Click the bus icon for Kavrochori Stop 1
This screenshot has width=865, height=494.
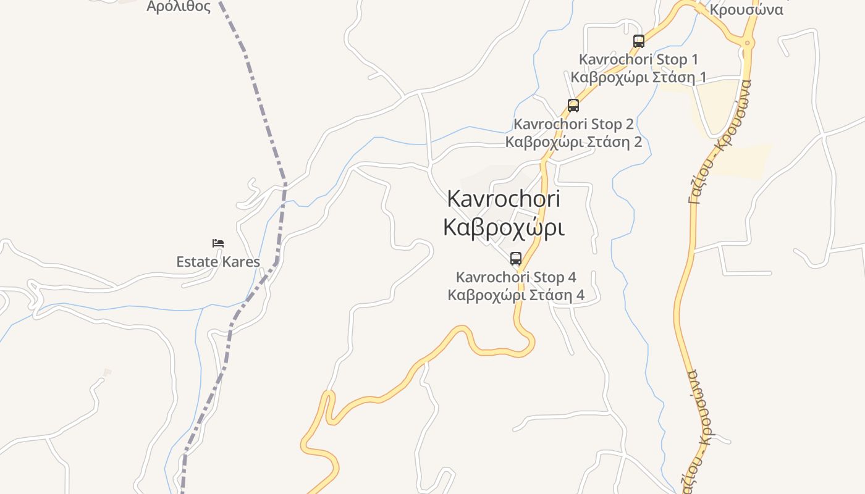point(639,41)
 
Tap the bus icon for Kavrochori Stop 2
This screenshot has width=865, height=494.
point(573,106)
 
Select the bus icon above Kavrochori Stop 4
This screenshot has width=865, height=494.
point(516,259)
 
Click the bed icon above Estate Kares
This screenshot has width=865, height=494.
point(218,243)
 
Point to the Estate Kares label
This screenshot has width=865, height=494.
point(218,262)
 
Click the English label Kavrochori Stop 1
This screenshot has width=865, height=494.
point(638,60)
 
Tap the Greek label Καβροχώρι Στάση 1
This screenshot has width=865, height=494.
point(638,77)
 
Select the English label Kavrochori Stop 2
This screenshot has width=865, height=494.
point(573,124)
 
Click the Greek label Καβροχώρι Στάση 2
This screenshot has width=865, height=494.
point(573,142)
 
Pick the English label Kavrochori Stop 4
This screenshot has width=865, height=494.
point(516,277)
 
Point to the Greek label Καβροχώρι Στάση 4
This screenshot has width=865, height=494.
point(516,295)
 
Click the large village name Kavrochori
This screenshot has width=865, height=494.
point(503,199)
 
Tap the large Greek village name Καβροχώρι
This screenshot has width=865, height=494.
point(503,227)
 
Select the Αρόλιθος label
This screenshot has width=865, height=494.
point(179,7)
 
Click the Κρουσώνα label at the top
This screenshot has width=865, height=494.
point(746,9)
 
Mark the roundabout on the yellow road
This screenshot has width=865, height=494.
point(747,43)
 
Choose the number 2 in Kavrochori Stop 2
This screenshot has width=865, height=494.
point(628,124)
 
